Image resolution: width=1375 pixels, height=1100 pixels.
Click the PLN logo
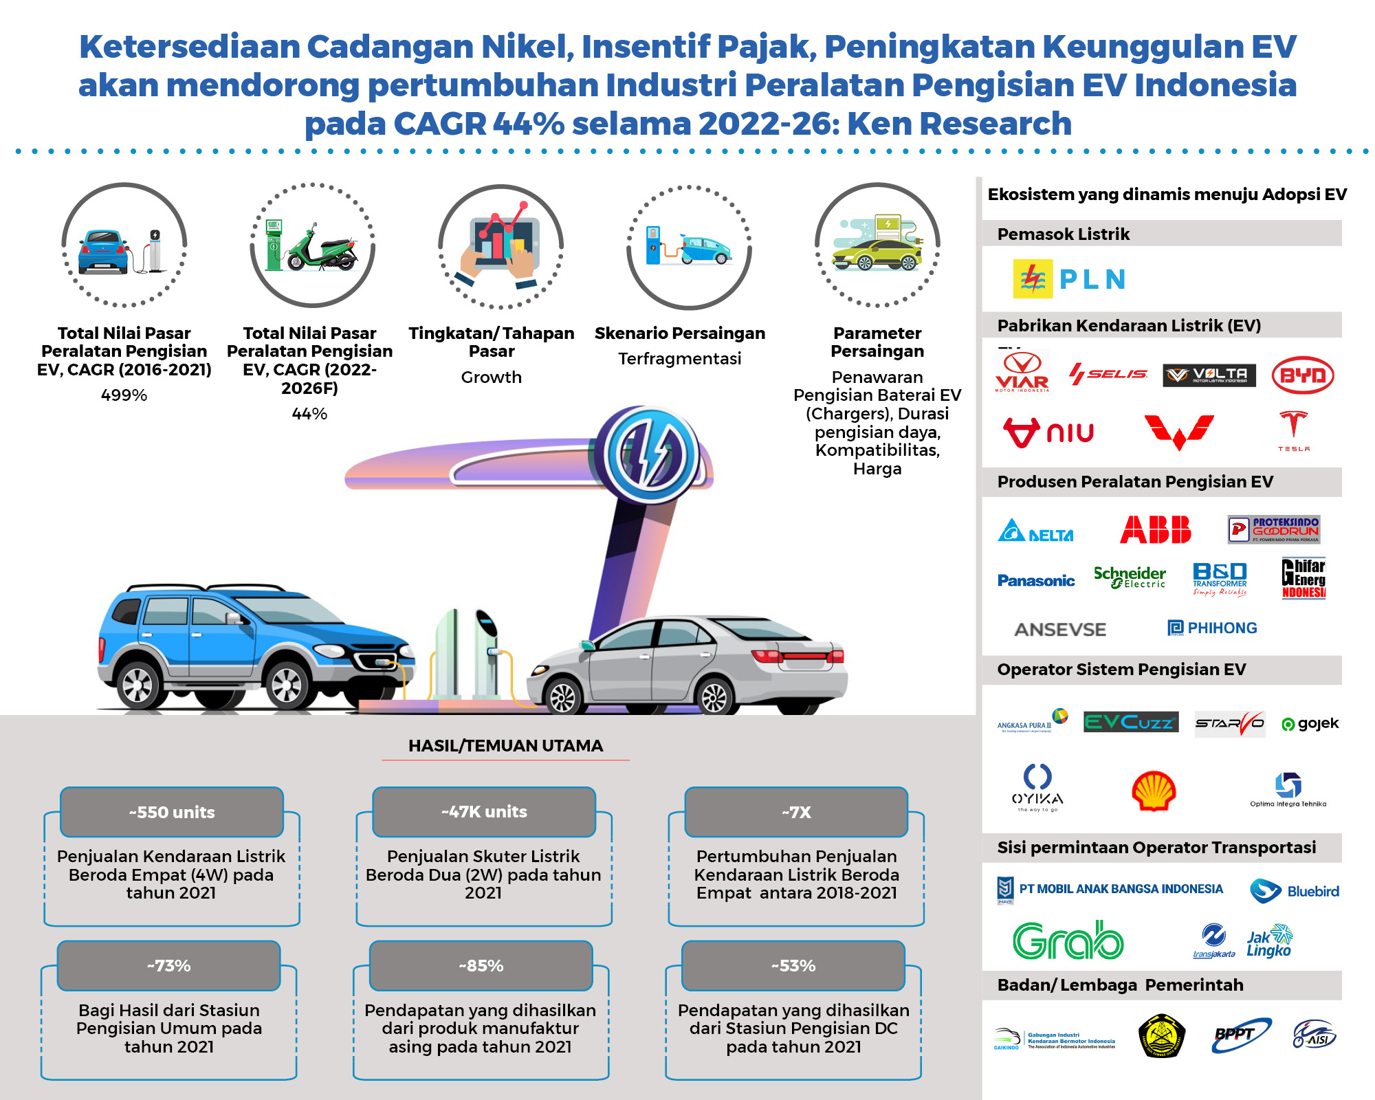pos(1069,279)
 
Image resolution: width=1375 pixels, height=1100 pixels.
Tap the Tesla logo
pos(1293,430)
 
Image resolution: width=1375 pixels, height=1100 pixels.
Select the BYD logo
pos(1302,375)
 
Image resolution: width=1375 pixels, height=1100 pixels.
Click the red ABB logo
pos(1155,530)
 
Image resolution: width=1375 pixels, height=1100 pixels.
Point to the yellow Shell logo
pos(1154,791)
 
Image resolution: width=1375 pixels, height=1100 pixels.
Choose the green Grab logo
pos(1068,940)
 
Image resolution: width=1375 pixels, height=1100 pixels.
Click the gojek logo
pos(1310,723)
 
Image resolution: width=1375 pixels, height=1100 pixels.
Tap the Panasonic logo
pos(1035,581)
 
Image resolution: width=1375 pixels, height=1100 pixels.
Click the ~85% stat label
pos(481,966)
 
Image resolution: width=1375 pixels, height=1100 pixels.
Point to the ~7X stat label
pos(796,813)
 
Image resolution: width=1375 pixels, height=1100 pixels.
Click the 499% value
pos(124,395)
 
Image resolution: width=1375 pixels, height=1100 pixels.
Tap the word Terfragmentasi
pos(679,359)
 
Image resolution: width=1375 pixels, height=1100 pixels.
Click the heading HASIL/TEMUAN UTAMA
pos(505,746)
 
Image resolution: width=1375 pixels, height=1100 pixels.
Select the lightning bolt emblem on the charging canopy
pos(647,454)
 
